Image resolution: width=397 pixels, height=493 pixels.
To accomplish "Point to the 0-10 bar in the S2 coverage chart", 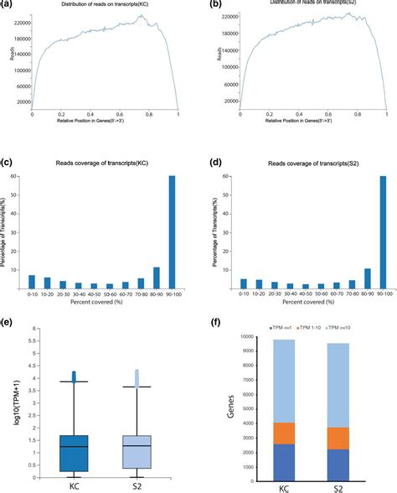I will tap(244, 285).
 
